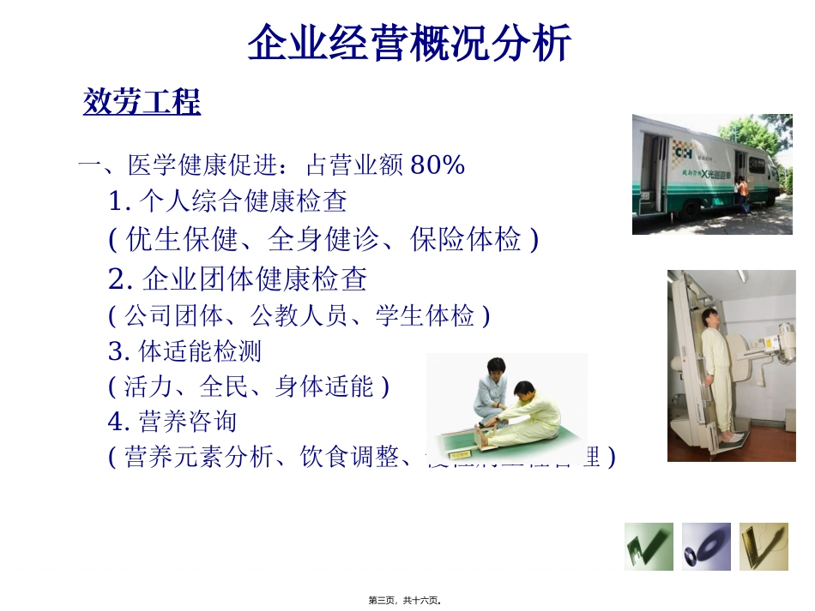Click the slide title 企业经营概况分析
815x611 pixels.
pyautogui.click(x=408, y=44)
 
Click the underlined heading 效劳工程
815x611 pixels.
pyautogui.click(x=142, y=103)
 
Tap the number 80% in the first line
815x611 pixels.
pyautogui.click(x=438, y=165)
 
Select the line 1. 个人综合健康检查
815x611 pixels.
pyautogui.click(x=228, y=202)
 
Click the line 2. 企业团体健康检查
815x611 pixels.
pyautogui.click(x=238, y=279)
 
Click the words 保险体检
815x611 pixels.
pyautogui.click(x=465, y=241)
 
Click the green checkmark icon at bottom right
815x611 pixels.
pyautogui.click(x=649, y=546)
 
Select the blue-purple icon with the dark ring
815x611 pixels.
pyautogui.click(x=706, y=546)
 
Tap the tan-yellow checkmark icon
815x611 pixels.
pyautogui.click(x=764, y=546)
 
